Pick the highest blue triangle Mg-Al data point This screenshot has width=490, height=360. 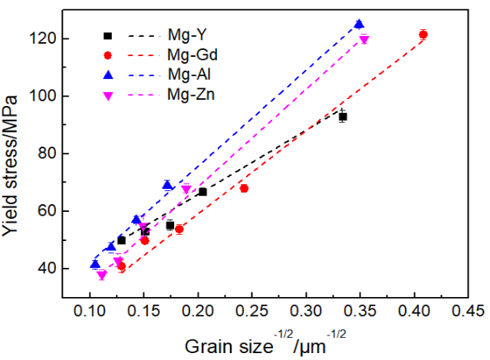point(359,24)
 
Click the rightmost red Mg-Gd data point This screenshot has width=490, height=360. point(423,35)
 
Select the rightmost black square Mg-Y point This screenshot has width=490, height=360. point(343,117)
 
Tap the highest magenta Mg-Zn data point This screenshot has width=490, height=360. point(363,40)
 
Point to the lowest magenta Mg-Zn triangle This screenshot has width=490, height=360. point(101,275)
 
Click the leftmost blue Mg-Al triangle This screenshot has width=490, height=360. point(95,264)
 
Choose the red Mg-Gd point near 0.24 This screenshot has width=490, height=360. point(244,188)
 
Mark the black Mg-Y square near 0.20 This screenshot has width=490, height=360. point(202,192)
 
